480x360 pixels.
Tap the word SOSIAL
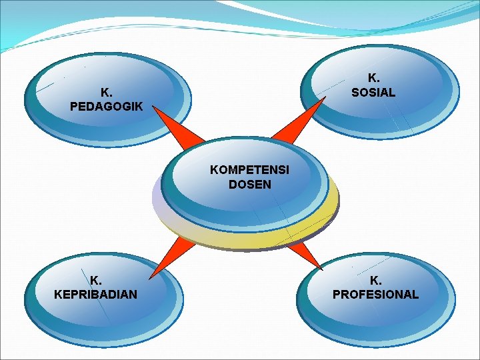pos(373,93)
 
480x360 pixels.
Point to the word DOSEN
pos(250,185)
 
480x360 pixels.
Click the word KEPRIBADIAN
pos(96,294)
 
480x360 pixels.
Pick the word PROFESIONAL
pos(376,294)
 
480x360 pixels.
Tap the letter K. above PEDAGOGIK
pos(105,92)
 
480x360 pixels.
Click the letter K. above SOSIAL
pos(373,79)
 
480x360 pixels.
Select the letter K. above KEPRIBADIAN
pos(96,280)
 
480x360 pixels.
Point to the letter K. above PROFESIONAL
pos(376,280)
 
